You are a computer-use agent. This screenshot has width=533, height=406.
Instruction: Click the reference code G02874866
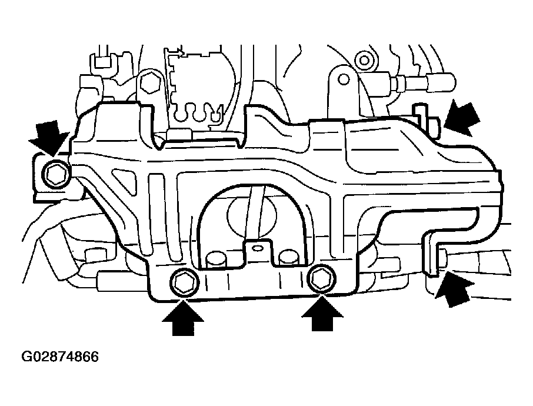point(60,357)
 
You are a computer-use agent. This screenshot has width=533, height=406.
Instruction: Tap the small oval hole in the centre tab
point(256,249)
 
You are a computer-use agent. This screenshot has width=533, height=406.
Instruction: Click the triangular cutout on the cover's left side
point(120,177)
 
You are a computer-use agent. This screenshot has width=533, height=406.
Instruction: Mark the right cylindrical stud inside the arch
point(289,257)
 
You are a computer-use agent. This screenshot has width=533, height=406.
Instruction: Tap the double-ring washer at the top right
point(364,59)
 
